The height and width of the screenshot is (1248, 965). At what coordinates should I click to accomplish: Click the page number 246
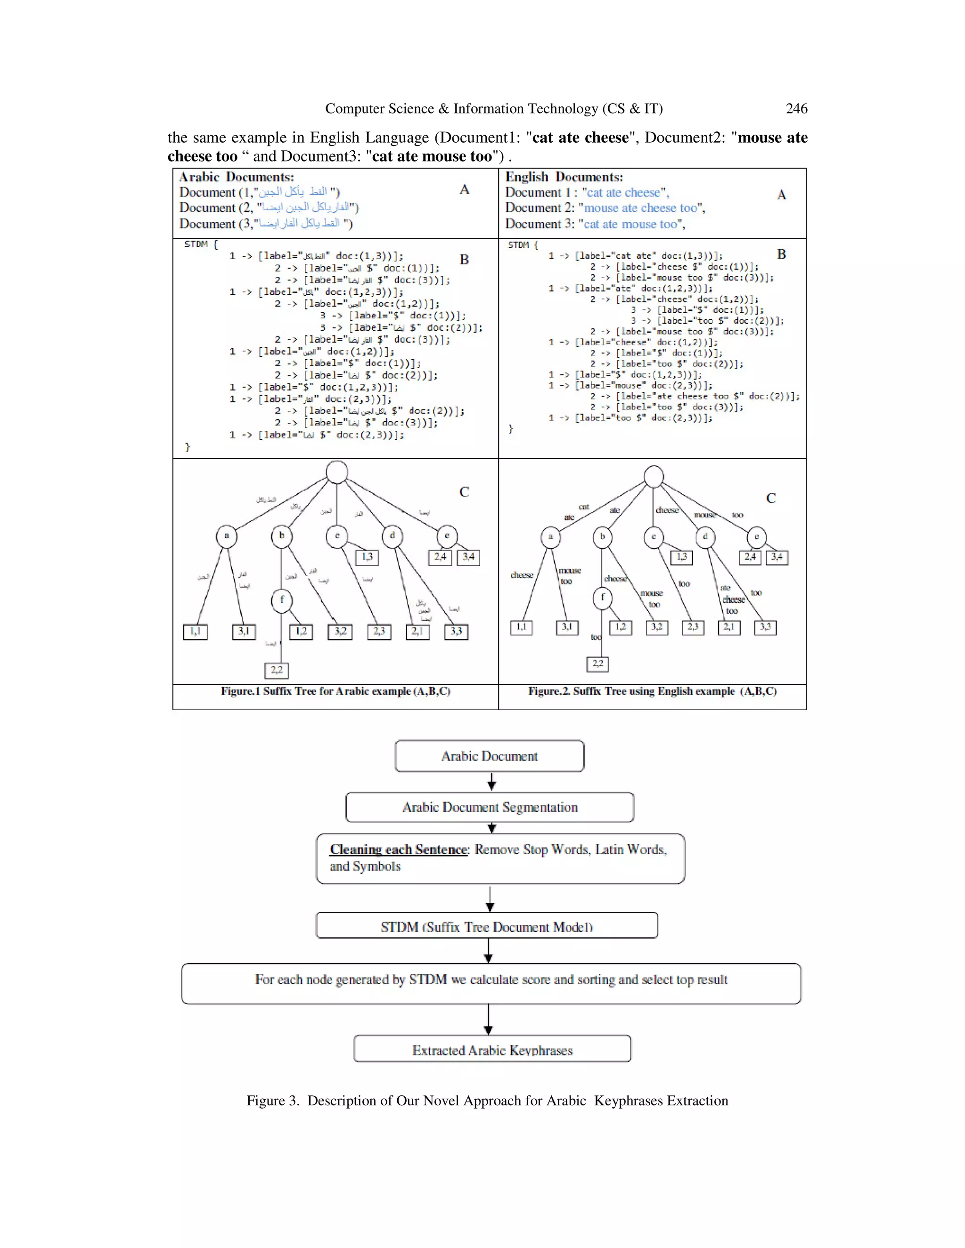point(796,109)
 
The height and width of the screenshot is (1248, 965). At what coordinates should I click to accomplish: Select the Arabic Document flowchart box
point(490,756)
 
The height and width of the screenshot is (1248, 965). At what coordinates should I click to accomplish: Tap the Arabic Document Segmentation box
point(490,807)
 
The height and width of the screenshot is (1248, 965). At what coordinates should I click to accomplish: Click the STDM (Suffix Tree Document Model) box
point(486,926)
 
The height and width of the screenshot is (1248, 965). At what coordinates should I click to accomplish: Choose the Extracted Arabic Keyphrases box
point(492,1050)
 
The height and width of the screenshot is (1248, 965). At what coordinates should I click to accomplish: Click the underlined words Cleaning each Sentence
point(399,850)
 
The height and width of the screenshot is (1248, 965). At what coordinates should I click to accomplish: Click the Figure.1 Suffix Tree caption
point(335,691)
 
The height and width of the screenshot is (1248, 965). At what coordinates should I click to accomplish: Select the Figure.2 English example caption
point(652,691)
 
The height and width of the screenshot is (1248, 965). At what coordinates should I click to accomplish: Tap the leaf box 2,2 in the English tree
point(597,664)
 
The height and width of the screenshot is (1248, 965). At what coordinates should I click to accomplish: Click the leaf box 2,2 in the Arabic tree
point(276,670)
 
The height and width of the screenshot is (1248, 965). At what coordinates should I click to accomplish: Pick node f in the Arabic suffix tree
point(281,600)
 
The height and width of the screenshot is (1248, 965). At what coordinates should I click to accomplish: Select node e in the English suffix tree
point(756,536)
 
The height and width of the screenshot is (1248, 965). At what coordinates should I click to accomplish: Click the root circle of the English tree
point(654,477)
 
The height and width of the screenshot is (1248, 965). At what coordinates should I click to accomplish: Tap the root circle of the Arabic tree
point(337,472)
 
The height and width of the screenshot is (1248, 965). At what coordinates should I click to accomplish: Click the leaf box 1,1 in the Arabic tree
point(195,632)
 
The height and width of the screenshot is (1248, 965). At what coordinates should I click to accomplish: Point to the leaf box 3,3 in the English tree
point(765,627)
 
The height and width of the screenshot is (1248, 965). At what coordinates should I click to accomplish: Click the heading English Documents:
point(564,177)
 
